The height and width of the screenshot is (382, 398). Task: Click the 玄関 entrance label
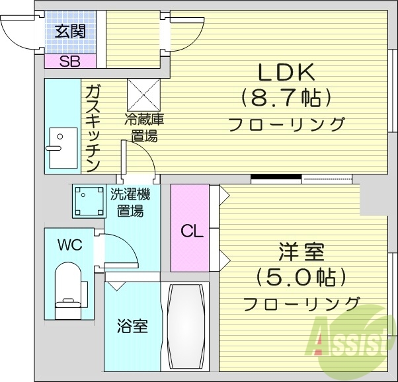point(70,32)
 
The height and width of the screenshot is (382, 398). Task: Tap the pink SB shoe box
point(69,61)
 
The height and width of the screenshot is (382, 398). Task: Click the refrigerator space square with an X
point(143,95)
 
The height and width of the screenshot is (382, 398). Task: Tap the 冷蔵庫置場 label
point(144,128)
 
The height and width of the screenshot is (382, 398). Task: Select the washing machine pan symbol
point(89,201)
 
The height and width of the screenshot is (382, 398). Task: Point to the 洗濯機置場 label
point(130,202)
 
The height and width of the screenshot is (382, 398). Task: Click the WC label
point(69,245)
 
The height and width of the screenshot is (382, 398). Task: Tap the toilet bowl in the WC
point(67,284)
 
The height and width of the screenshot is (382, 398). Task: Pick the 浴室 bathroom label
point(132,326)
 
